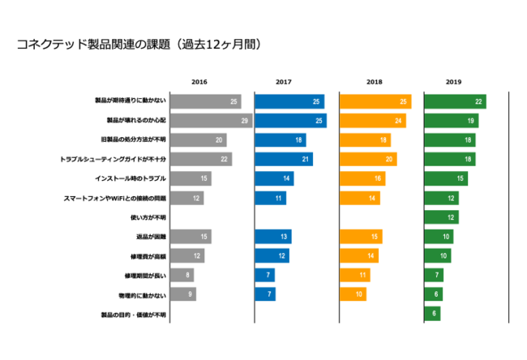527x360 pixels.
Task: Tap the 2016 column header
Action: click(x=199, y=82)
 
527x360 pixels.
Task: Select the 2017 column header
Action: click(x=284, y=82)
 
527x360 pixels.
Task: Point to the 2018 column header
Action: click(x=374, y=82)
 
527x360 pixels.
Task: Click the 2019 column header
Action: click(x=453, y=82)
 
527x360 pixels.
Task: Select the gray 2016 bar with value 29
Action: click(x=211, y=121)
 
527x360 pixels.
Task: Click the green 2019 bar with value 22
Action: click(x=454, y=101)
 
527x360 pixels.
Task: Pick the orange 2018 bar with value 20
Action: click(x=367, y=159)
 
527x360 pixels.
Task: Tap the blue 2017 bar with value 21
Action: click(x=283, y=159)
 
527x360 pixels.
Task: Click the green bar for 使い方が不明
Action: click(x=441, y=217)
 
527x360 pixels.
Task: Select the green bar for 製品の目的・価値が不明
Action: click(x=432, y=314)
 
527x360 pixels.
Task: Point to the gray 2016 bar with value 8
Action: click(x=182, y=275)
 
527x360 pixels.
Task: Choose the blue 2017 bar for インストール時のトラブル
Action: click(x=273, y=178)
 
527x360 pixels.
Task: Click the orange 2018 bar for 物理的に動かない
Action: click(x=353, y=294)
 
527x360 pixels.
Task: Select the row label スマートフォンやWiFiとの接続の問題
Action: click(x=114, y=198)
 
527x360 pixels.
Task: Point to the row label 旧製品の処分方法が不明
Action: click(x=133, y=140)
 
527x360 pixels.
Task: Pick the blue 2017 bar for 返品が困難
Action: click(x=272, y=237)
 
